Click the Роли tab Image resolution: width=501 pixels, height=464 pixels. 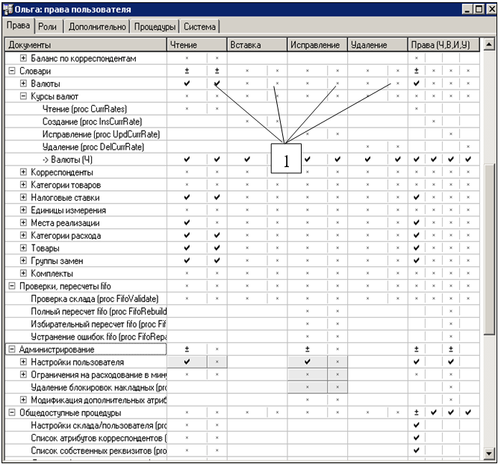tap(48, 26)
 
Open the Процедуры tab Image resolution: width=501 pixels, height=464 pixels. tap(155, 26)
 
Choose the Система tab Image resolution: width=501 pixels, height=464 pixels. tap(199, 26)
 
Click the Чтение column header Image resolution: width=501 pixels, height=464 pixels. tap(184, 45)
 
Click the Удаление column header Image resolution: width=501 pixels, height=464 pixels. tap(369, 45)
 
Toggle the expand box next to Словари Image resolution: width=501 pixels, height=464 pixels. tap(11, 71)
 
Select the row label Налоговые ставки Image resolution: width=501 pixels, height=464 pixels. tap(65, 198)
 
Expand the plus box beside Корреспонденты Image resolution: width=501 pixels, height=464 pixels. tap(23, 172)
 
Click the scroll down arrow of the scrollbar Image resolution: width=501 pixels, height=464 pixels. tap(489, 453)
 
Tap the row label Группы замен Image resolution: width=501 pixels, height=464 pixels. tap(57, 261)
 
